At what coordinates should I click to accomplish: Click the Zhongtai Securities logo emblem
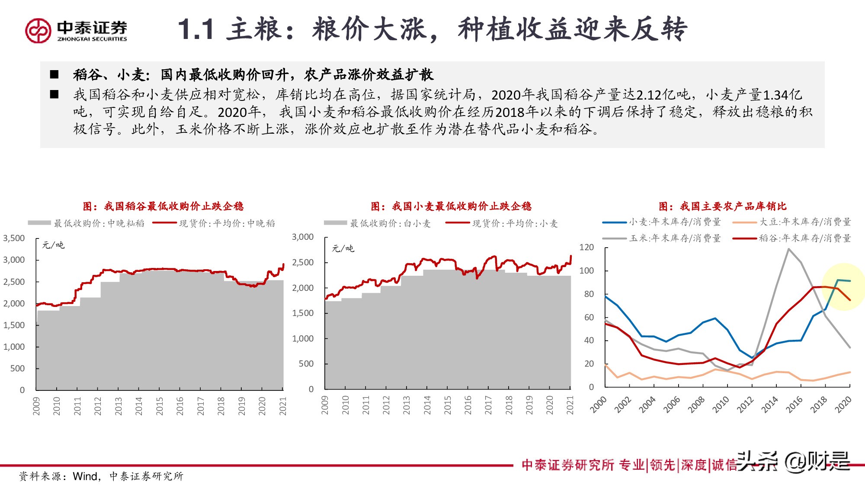pos(38,30)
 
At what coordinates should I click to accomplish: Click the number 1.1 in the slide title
pos(196,30)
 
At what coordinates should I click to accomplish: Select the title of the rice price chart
pos(163,206)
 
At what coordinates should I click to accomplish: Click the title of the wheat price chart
pos(451,206)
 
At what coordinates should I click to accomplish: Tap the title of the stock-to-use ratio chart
pos(722,206)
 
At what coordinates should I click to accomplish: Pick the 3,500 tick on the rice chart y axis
pos(14,239)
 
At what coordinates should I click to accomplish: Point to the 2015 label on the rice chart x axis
pos(159,406)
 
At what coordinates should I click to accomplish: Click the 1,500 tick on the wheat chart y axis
pos(303,313)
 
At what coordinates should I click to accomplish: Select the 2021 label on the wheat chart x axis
pos(570,405)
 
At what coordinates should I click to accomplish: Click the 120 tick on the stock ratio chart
pos(586,248)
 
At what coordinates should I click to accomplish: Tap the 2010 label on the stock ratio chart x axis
pos(721,404)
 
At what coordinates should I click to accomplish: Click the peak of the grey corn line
pos(788,249)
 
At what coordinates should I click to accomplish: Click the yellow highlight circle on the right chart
pos(843,287)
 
